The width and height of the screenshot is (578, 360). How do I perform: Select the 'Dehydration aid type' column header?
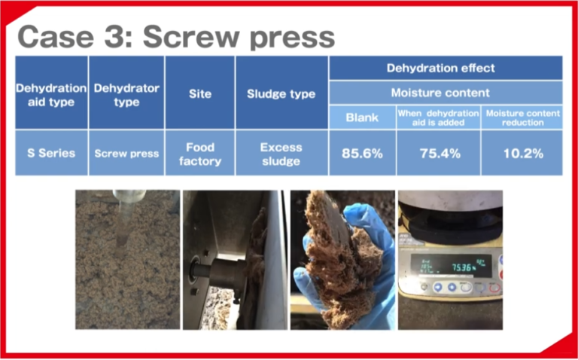click(x=51, y=94)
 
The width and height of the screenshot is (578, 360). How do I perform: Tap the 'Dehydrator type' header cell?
click(x=126, y=94)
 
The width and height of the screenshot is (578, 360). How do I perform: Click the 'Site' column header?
click(x=199, y=94)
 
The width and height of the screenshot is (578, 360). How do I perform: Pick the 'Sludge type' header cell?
click(x=281, y=94)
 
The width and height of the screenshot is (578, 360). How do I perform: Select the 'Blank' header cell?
click(x=362, y=117)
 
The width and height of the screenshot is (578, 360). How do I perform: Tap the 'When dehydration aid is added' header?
click(x=438, y=117)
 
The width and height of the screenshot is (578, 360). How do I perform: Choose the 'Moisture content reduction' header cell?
click(x=522, y=117)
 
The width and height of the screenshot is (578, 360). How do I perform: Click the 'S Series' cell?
click(x=51, y=153)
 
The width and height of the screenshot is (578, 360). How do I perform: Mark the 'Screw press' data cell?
click(x=126, y=153)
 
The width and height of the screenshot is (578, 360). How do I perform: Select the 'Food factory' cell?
click(x=199, y=153)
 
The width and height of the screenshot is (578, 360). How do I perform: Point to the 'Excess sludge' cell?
click(x=281, y=153)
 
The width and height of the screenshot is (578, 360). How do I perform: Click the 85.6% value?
click(x=362, y=153)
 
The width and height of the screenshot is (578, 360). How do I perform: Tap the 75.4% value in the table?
click(x=438, y=153)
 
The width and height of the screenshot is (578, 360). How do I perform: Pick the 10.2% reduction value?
click(x=522, y=153)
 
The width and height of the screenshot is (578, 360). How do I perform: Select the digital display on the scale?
click(x=450, y=264)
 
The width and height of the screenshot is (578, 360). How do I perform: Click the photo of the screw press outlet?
click(x=234, y=260)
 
